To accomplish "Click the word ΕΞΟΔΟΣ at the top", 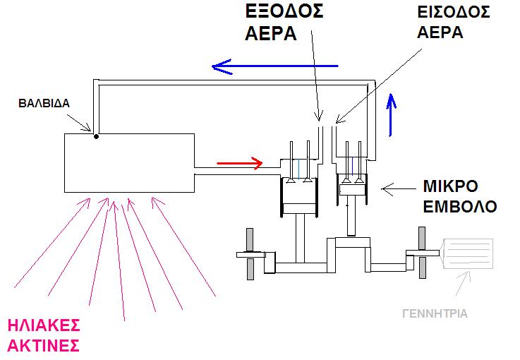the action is coord(284,11).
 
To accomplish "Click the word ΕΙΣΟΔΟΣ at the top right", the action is coord(454,12).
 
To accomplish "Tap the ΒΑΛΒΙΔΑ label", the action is coord(44,104).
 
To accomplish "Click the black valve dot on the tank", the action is coord(96,136).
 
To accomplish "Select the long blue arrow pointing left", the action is coord(275,66).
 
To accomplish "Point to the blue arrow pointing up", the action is coord(392,115).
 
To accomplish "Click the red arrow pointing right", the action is coord(239,163).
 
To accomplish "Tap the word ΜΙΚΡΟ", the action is coord(450,186).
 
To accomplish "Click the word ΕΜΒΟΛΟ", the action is coord(460,207).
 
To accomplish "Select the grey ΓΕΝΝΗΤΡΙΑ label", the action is coord(435,313).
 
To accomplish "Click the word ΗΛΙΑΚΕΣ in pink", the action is coord(44,325).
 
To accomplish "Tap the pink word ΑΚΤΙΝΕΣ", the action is coord(44,346).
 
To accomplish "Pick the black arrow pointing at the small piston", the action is coord(399,189).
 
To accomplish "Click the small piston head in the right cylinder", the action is coord(352,190).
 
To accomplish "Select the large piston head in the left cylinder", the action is coord(299,208).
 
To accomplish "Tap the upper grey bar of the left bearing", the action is coord(250,239).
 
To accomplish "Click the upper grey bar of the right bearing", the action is coord(422,238).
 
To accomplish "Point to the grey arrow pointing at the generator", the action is coord(463,283).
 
